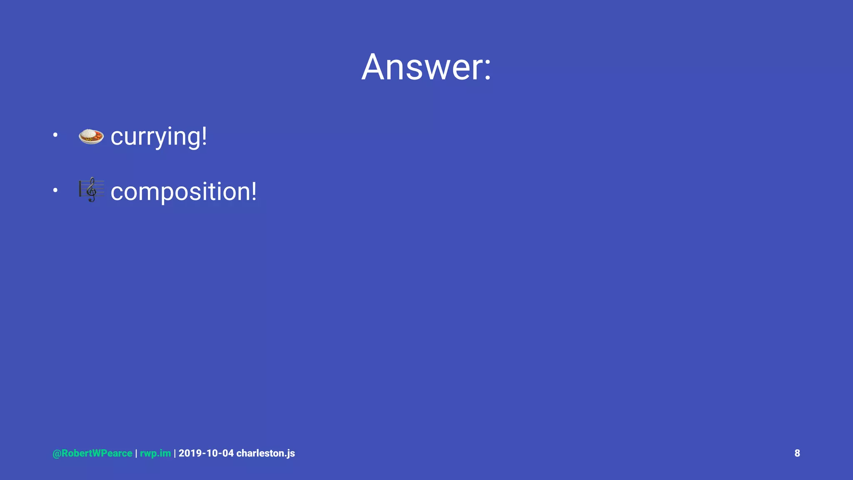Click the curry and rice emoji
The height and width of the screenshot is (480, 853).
(x=91, y=136)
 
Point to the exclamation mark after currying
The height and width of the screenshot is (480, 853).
(x=204, y=135)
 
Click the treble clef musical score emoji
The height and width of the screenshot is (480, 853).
(x=91, y=190)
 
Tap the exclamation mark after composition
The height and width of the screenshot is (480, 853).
(x=253, y=191)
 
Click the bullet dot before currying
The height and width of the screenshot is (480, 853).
(x=55, y=135)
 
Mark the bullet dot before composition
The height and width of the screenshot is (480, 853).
(x=55, y=190)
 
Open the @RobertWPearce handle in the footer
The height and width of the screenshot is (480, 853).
(x=92, y=453)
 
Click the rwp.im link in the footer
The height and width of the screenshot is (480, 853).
(x=155, y=453)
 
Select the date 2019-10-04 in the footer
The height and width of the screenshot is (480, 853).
(x=206, y=453)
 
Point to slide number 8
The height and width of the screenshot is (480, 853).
(x=797, y=453)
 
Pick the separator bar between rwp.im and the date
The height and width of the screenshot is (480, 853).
(x=175, y=453)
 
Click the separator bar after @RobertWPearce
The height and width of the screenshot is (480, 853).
(x=136, y=453)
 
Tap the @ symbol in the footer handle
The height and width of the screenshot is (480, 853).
(x=57, y=453)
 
